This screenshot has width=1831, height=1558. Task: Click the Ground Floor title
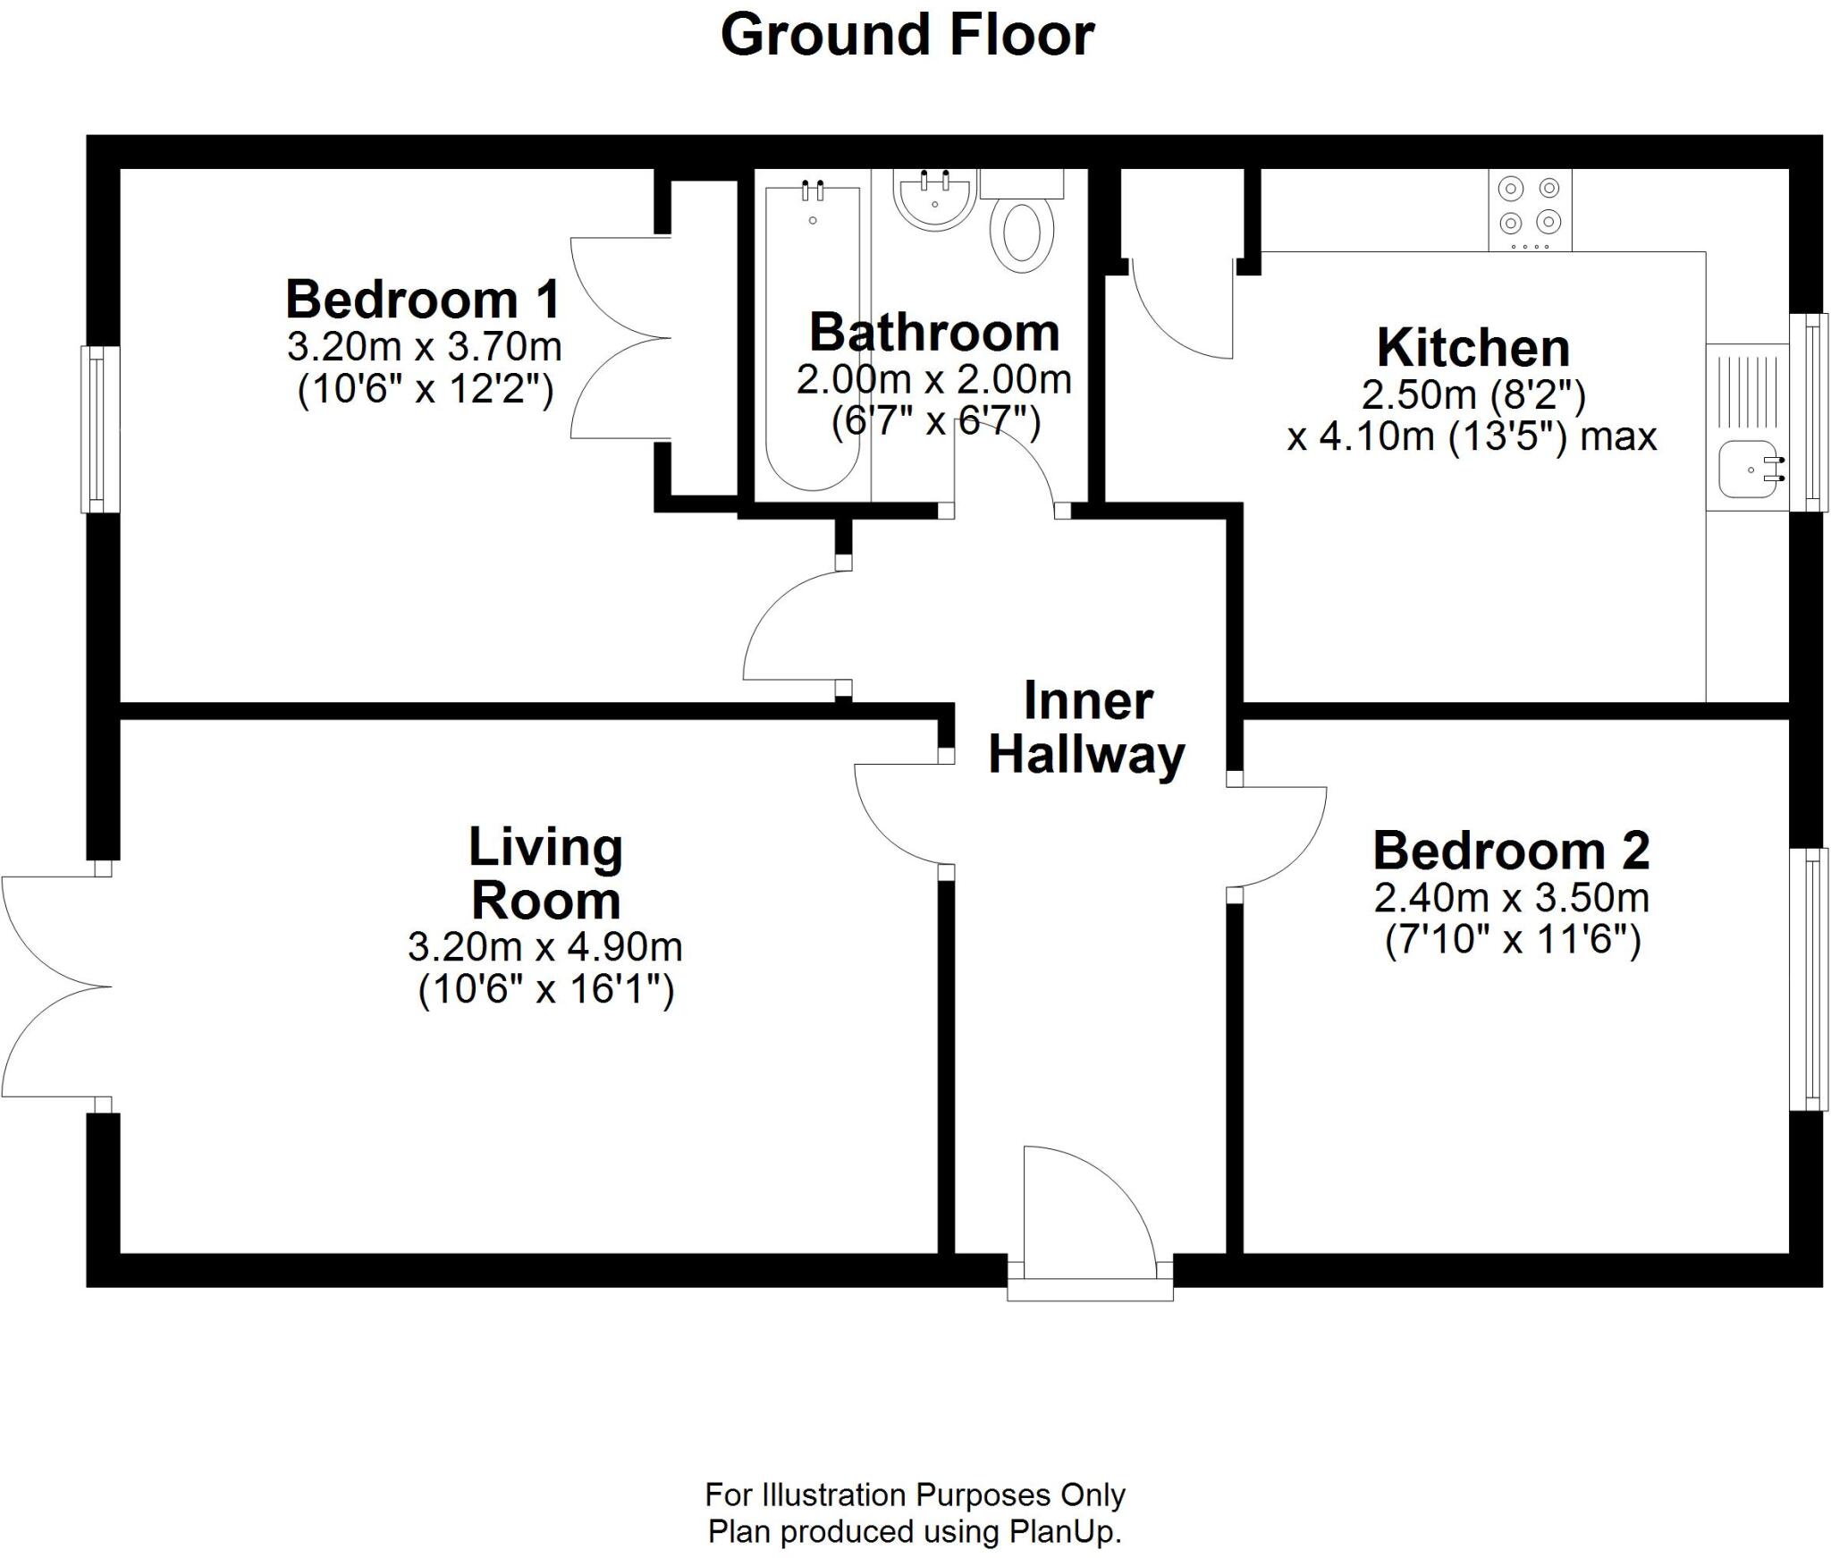pyautogui.click(x=907, y=37)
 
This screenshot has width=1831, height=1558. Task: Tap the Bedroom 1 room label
pyautogui.click(x=423, y=300)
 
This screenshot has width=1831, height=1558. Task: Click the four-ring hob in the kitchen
pyautogui.click(x=1529, y=211)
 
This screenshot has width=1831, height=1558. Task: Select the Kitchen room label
pyautogui.click(x=1472, y=348)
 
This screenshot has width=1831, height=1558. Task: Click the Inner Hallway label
pyautogui.click(x=1086, y=728)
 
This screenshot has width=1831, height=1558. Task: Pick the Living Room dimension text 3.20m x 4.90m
pyautogui.click(x=544, y=946)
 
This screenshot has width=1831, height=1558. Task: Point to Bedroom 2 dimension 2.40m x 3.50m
pyautogui.click(x=1511, y=897)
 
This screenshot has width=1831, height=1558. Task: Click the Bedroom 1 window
pyautogui.click(x=100, y=429)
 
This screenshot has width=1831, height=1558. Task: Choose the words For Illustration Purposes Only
pyautogui.click(x=914, y=1494)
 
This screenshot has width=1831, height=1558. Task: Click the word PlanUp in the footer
pyautogui.click(x=1063, y=1532)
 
